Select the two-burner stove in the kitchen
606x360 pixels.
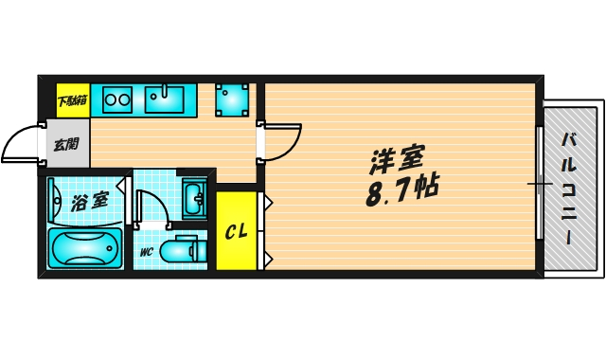point(117,99)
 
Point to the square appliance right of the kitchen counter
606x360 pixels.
point(232,99)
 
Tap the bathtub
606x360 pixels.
point(84,249)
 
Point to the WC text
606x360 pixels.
point(148,253)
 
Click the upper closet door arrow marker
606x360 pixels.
point(268,202)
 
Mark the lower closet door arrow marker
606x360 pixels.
point(268,257)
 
